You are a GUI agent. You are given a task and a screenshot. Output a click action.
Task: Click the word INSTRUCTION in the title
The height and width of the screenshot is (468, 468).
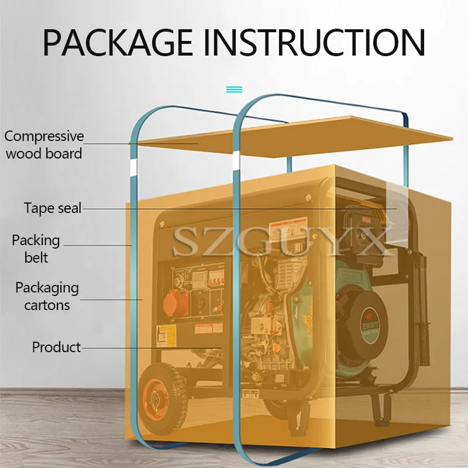[316, 42]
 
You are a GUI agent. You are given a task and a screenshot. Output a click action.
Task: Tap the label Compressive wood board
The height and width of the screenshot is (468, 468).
[44, 144]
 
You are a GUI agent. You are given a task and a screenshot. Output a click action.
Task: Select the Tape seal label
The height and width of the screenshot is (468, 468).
[53, 208]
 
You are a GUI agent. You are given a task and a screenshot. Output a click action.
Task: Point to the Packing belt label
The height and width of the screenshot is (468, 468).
[36, 248]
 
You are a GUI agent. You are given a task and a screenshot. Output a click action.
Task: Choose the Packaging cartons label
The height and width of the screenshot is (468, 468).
[47, 296]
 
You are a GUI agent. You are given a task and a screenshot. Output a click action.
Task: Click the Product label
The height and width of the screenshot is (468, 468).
[56, 347]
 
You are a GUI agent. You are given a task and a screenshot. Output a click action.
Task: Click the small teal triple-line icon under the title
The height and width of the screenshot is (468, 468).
[234, 90]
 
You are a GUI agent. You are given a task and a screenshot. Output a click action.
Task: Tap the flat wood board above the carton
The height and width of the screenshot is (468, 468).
[292, 137]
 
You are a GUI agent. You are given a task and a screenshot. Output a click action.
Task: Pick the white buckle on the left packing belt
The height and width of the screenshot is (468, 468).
[132, 168]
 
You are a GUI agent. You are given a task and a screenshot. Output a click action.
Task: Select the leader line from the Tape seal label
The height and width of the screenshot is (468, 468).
[234, 208]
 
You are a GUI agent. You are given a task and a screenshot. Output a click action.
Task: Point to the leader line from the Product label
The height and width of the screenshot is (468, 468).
[152, 347]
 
